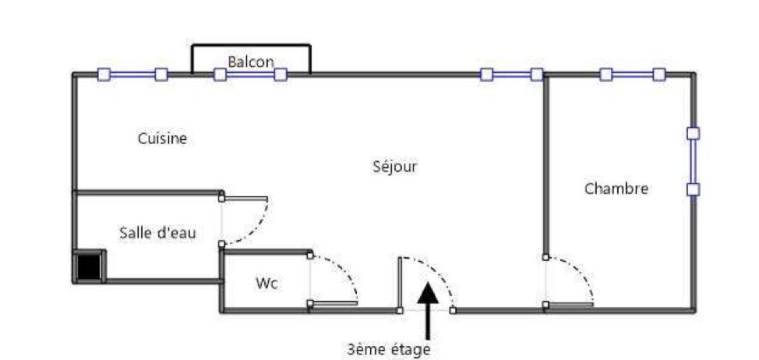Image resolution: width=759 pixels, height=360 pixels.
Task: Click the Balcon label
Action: [x=251, y=62]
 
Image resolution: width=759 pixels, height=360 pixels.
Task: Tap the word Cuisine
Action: [x=163, y=139]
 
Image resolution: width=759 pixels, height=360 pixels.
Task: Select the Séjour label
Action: [x=395, y=167]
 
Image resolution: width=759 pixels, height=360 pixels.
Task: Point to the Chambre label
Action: [x=616, y=189]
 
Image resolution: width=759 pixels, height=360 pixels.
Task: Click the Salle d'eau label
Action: [x=158, y=233]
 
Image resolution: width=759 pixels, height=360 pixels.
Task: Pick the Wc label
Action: [x=267, y=284]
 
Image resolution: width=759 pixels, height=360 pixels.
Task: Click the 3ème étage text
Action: [x=389, y=349]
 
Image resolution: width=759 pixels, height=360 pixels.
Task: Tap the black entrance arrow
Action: [x=428, y=311]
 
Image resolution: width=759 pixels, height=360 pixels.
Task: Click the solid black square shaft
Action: [x=89, y=266]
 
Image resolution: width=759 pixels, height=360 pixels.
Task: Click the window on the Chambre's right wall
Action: [x=694, y=161]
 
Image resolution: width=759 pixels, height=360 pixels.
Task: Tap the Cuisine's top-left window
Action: [x=132, y=75]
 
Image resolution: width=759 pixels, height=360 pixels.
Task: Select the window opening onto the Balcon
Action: [x=250, y=75]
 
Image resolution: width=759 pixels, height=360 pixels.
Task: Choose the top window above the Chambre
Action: [x=632, y=75]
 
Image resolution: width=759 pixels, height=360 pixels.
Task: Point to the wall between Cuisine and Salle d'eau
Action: [x=148, y=192]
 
